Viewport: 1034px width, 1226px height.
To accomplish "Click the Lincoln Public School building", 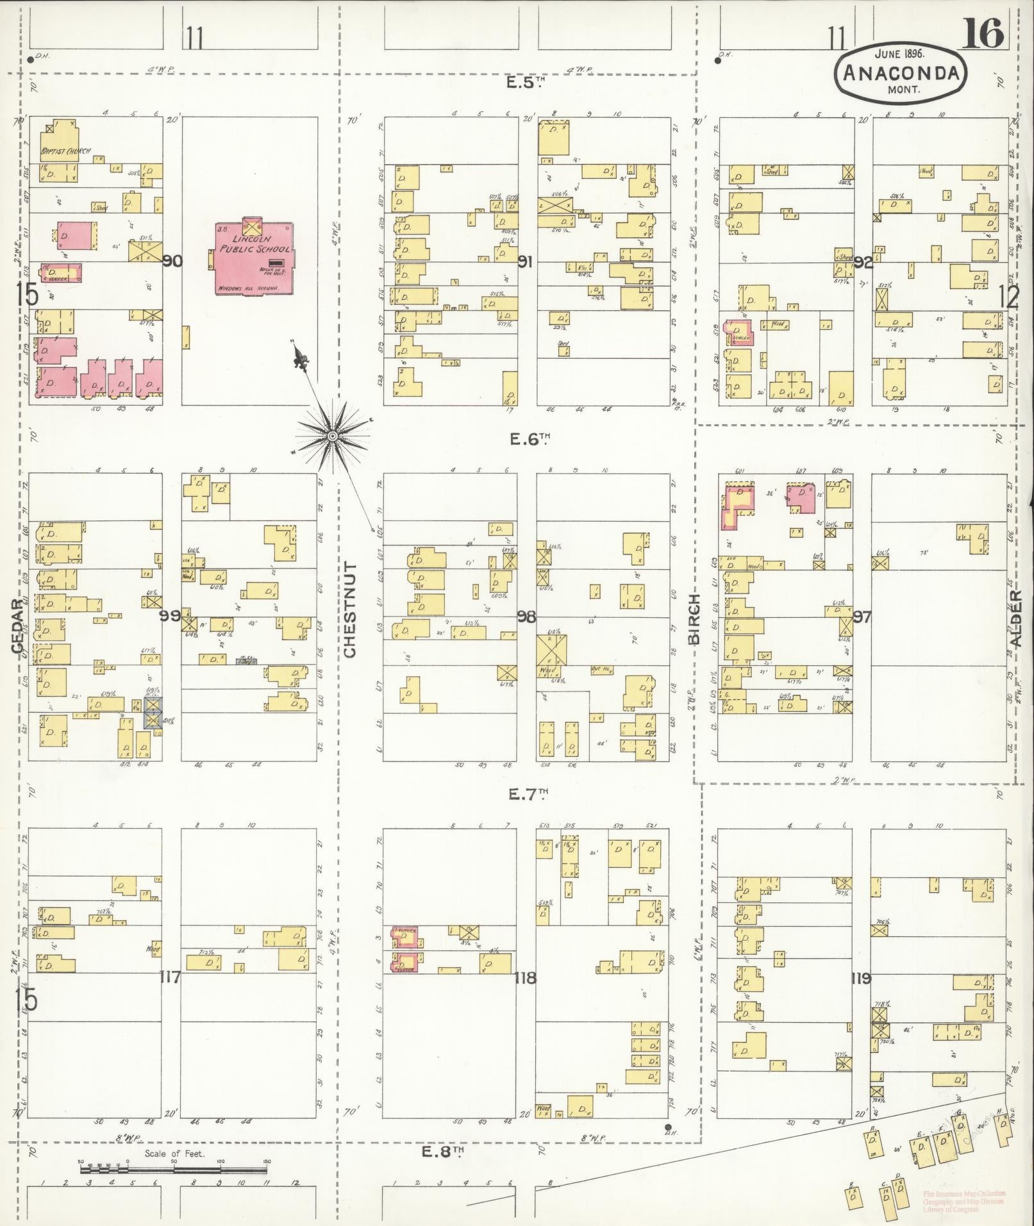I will point(253,256).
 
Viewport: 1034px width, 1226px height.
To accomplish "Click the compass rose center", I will point(333,436).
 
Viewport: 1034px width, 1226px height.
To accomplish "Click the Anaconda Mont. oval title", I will point(900,74).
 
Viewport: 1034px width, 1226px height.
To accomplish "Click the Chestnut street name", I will point(349,609).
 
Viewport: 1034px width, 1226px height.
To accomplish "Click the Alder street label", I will point(1015,618).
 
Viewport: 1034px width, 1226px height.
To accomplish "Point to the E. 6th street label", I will point(530,439).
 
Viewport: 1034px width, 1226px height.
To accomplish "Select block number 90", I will point(172,261).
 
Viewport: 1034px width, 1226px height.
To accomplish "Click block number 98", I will point(526,617).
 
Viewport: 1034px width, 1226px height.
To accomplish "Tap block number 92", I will point(863,263).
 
